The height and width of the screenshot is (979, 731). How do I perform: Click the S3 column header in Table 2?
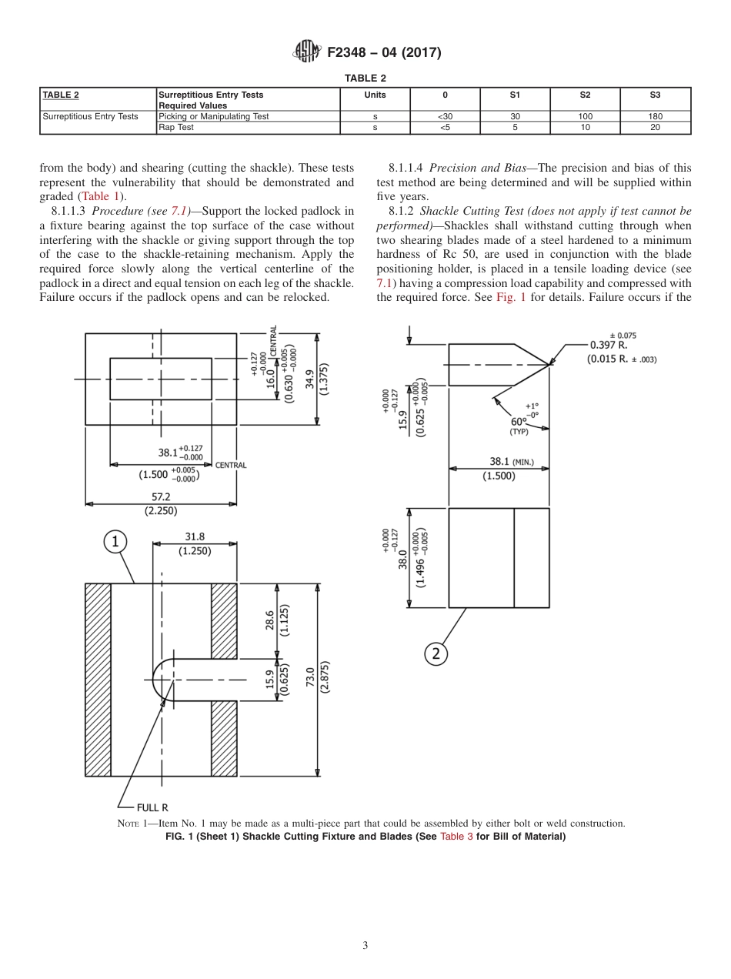655,95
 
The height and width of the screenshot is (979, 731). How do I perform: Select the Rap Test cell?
176,128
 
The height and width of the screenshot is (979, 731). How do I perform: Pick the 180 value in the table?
655,117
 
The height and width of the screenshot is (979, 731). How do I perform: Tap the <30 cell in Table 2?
445,117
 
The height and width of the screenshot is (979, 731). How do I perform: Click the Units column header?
375,95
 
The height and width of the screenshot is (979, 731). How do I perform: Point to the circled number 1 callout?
115,543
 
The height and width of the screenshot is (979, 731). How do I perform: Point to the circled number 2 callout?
436,653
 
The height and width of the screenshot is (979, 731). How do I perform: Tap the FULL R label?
152,807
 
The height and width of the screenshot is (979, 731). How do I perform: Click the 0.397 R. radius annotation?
609,346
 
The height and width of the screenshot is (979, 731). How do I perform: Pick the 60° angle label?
519,421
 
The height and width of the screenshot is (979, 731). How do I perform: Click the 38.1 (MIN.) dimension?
511,463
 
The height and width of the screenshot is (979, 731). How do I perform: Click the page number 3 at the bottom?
365,946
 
